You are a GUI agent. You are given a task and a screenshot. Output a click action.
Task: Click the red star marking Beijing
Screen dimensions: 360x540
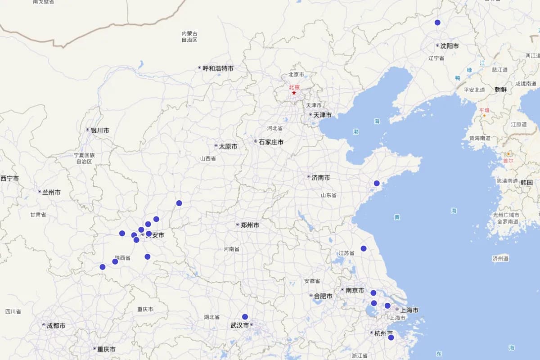294,93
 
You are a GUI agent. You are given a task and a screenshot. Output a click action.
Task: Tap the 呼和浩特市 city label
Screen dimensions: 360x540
218,68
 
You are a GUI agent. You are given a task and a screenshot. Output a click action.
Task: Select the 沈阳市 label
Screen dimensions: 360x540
450,46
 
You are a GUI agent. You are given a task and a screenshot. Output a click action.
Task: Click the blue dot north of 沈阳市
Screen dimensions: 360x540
437,22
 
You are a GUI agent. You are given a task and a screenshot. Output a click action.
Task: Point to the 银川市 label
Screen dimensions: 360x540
100,130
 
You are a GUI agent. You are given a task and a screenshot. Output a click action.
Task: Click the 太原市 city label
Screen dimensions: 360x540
228,146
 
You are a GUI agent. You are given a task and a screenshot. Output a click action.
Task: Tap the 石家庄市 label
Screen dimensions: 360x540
271,142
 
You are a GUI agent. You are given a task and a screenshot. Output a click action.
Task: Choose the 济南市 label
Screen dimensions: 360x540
320,178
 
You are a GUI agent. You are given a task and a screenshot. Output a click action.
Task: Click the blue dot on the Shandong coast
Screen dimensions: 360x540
377,183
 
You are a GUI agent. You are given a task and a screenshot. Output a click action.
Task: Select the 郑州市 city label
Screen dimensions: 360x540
250,225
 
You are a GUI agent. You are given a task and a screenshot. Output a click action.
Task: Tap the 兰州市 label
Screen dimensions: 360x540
51,192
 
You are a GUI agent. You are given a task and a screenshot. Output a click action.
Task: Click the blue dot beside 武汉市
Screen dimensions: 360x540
245,317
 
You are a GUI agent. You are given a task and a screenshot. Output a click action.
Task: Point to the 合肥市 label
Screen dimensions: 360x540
323,296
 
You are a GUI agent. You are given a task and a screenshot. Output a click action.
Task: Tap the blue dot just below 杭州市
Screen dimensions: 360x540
391,337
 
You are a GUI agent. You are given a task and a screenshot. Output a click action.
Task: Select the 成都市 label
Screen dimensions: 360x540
56,325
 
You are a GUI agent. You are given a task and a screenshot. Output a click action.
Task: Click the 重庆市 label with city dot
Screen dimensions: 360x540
106,349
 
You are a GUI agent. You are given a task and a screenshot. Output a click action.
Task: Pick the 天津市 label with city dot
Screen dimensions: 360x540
322,115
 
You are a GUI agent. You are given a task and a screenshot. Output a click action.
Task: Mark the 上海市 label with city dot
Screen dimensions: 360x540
409,310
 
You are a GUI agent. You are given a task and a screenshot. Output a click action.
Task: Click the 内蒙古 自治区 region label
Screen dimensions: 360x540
189,36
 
